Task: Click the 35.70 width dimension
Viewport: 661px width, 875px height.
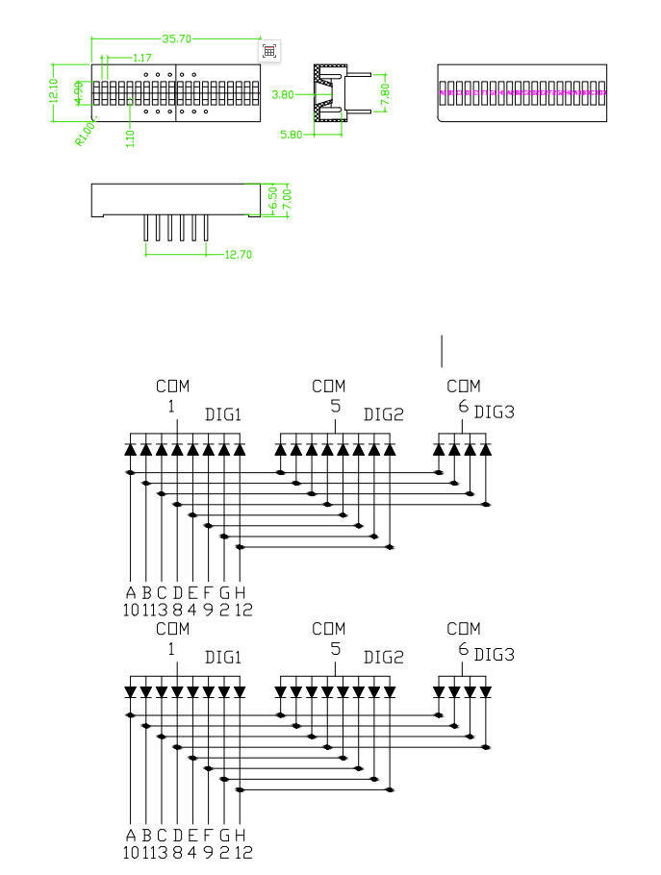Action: [178, 38]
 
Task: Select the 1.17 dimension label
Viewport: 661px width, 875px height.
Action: [141, 59]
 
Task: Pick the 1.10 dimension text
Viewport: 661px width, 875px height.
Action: [130, 137]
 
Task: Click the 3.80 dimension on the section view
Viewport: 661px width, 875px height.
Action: [282, 94]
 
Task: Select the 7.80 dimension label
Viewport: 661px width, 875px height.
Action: [385, 93]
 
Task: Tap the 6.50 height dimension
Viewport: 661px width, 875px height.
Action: [273, 198]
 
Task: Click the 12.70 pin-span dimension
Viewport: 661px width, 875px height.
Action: [238, 255]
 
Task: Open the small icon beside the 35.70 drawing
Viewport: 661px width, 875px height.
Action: [269, 51]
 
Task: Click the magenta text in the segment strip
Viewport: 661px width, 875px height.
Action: [522, 92]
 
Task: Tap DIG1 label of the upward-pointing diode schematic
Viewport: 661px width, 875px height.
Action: [223, 414]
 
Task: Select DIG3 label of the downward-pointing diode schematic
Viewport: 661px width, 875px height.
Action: [495, 655]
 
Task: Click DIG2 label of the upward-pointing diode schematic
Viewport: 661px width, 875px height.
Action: [383, 414]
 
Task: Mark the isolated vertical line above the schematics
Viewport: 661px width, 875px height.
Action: [442, 351]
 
